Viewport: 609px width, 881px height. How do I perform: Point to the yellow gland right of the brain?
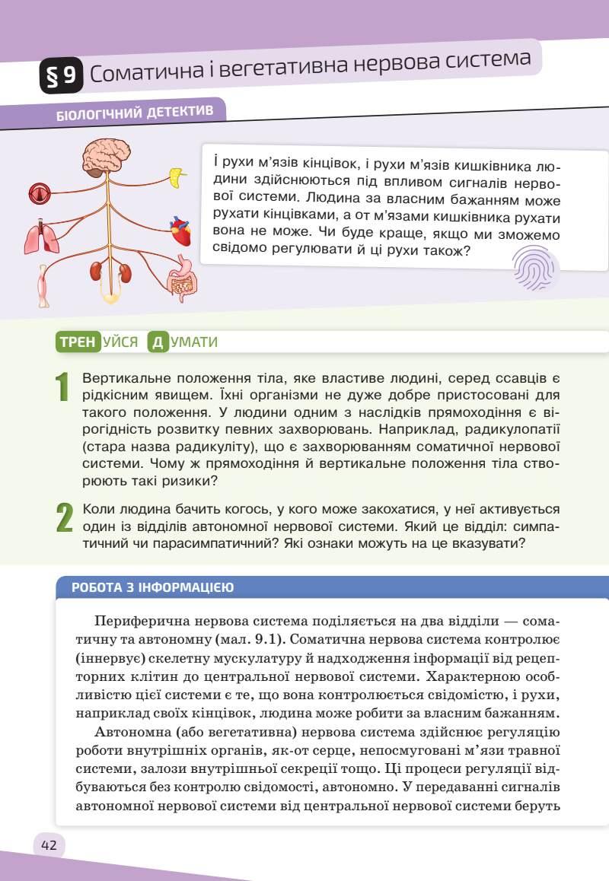177,178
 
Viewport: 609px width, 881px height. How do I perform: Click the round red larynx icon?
38,195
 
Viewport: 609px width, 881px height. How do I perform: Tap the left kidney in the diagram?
97,272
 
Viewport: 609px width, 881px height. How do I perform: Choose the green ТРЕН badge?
78,342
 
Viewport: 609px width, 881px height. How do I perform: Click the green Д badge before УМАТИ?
158,342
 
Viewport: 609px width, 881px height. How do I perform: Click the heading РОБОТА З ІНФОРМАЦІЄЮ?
152,587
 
